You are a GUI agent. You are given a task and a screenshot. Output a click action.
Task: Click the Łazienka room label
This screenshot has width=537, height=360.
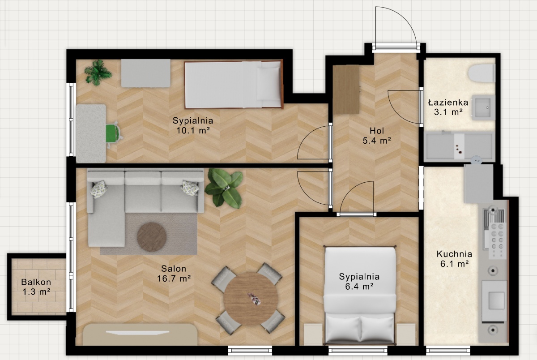(448, 103)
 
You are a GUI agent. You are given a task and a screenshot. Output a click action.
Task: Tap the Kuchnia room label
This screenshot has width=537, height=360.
(454, 254)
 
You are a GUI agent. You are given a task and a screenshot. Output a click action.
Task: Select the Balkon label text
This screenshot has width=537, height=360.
(36, 282)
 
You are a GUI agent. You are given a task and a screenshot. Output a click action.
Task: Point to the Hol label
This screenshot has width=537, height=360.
(377, 131)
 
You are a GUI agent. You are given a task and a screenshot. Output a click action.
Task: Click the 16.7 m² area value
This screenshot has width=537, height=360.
(174, 279)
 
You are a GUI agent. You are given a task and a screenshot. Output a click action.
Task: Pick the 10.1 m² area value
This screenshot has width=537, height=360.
(193, 131)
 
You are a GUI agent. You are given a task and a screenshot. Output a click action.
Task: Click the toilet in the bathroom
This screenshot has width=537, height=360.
(482, 73)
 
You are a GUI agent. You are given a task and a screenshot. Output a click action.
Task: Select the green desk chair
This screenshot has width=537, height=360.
(114, 133)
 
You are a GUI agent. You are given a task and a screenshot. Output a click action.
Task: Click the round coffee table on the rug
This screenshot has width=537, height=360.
(152, 237)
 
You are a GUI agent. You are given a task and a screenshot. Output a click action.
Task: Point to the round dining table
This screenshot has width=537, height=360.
(251, 299)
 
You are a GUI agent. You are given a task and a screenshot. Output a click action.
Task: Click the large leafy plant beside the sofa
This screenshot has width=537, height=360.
(224, 188)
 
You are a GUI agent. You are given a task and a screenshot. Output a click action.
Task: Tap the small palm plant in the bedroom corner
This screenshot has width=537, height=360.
(98, 73)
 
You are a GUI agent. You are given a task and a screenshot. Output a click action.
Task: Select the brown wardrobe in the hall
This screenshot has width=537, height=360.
(346, 90)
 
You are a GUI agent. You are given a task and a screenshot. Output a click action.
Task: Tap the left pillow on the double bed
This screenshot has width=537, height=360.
(342, 328)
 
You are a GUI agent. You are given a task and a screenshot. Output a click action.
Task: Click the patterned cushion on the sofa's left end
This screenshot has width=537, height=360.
(99, 189)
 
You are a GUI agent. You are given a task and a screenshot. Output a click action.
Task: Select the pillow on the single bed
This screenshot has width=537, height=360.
(268, 83)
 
